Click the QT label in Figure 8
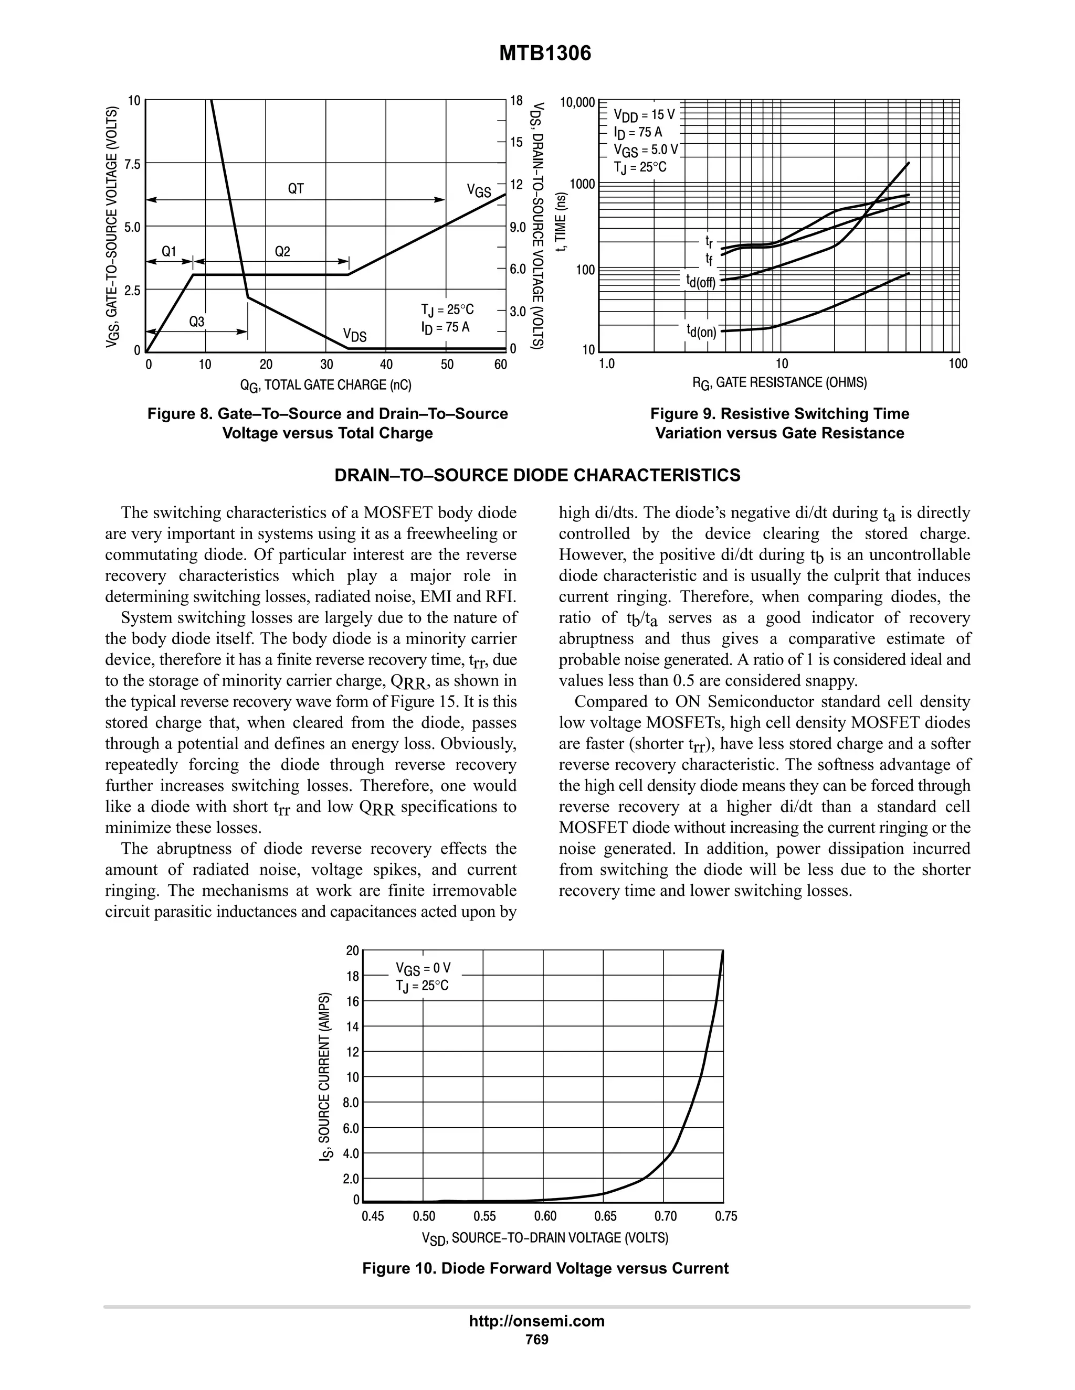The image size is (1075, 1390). [296, 188]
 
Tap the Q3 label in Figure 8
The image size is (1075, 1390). [196, 322]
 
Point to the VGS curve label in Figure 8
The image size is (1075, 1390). [479, 190]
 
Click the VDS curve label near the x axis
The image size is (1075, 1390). [355, 335]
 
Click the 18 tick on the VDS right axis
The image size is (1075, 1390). [516, 101]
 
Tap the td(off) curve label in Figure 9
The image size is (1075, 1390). [701, 281]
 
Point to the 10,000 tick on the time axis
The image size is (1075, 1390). [577, 102]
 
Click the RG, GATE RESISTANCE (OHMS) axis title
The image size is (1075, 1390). [779, 382]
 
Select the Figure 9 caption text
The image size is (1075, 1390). [779, 423]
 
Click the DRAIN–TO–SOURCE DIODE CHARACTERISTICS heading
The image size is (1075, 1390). [537, 475]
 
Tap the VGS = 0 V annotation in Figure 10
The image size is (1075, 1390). [423, 968]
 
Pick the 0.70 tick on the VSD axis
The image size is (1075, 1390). [666, 1216]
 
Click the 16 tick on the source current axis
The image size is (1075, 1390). [353, 1001]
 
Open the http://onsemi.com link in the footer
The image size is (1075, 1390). [537, 1321]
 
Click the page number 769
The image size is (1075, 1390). [537, 1339]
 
